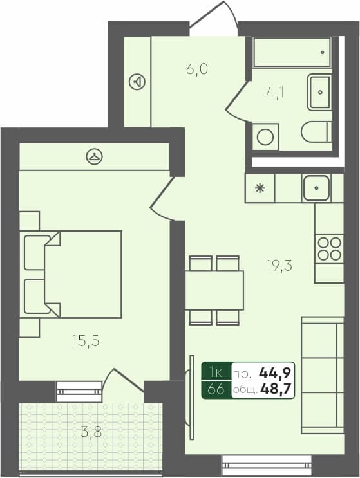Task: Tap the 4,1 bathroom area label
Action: pos(276,91)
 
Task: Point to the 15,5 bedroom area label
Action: pos(85,341)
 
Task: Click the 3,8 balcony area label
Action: pos(91,432)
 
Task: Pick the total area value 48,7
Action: pos(276,389)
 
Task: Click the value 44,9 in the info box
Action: pos(276,372)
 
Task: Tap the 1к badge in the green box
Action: pos(216,372)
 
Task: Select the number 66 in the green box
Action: pos(216,389)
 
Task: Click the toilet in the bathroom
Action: pos(316,131)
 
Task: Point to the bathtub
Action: pos(292,52)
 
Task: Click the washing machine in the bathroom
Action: pos(264,136)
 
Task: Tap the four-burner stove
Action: pos(328,249)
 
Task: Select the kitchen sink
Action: pos(316,188)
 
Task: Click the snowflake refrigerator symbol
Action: pos(260,188)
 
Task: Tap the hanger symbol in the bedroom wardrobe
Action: pos(95,155)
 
